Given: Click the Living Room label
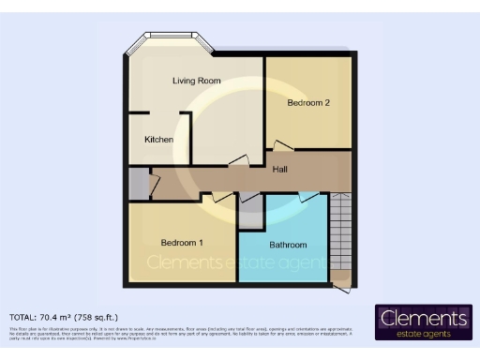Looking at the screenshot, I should (x=196, y=81).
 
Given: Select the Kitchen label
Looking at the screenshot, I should (x=158, y=140).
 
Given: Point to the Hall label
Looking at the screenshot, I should (x=279, y=170).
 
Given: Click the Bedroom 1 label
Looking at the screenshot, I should (x=182, y=242).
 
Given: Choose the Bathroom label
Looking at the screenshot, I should (x=288, y=246).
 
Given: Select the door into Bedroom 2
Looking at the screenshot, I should (x=281, y=146).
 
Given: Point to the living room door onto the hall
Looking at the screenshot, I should (x=236, y=161).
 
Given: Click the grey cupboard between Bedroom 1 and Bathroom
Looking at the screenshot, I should (x=250, y=215).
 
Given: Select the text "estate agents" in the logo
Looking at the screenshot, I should (x=425, y=334).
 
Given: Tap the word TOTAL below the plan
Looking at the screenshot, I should (x=25, y=317).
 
